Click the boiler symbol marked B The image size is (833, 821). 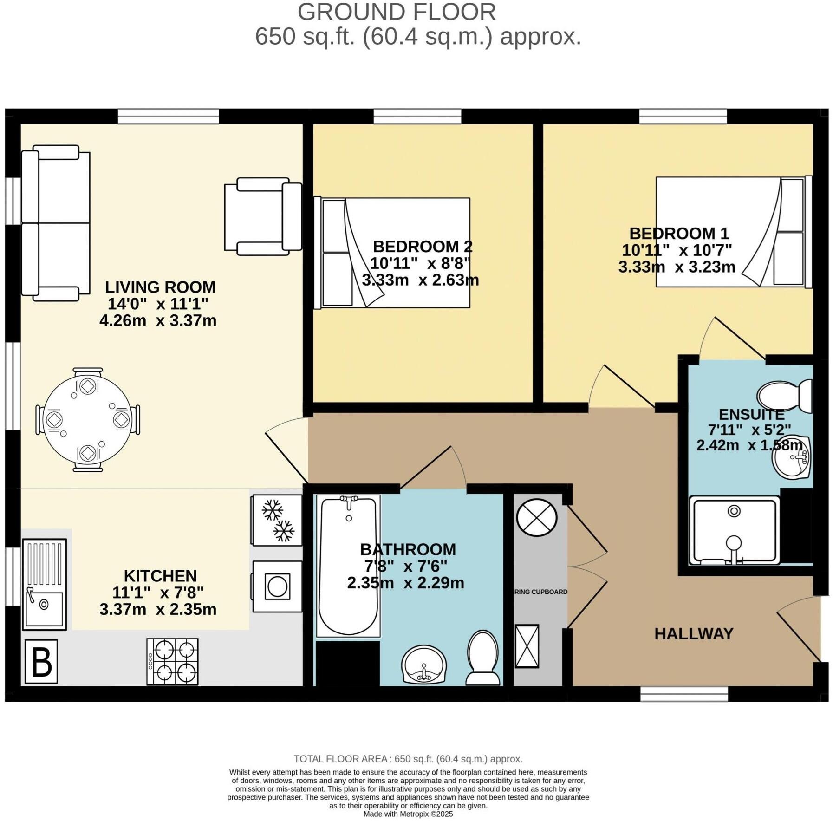pos(41,661)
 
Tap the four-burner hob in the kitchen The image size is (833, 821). pos(172,661)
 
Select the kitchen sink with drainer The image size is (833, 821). pos(45,584)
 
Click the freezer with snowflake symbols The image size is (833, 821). pos(277,520)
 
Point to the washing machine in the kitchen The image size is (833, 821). pos(277,586)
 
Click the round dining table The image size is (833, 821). pos(87,420)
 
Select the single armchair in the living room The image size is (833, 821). pos(263,216)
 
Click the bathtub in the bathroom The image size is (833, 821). pos(348,566)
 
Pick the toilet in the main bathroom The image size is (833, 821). pos(483,658)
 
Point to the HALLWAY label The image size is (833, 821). pos(694,633)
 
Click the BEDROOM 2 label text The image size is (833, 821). pos(423,246)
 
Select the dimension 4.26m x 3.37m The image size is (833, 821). pos(158,320)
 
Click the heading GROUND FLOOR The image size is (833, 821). pos(397,12)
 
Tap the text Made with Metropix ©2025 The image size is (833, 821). pos(408,814)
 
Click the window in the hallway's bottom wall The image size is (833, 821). pos(684,694)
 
